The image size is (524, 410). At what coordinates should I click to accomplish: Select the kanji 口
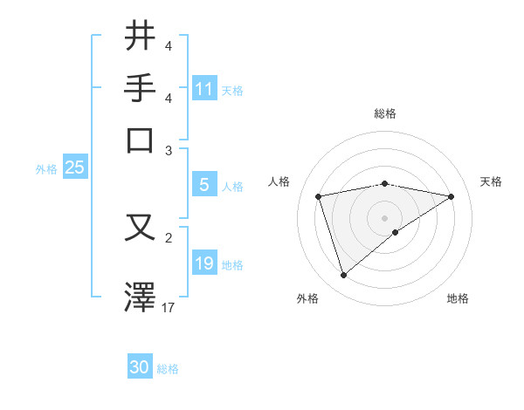(x=141, y=140)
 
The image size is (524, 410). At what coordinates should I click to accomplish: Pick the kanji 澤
(x=141, y=297)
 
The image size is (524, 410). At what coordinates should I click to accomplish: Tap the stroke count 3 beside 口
(x=168, y=150)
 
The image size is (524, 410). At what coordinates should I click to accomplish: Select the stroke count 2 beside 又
(x=168, y=236)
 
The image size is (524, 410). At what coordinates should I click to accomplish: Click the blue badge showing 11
(x=204, y=89)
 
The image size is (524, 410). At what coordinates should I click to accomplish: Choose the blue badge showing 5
(x=204, y=185)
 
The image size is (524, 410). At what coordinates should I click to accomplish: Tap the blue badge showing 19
(x=204, y=263)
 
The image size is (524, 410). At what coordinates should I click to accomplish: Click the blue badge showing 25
(x=74, y=168)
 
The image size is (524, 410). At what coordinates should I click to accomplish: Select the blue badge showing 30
(x=140, y=368)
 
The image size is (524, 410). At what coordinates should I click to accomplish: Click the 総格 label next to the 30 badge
(x=168, y=369)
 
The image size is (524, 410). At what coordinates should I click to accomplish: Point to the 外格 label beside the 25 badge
(x=45, y=169)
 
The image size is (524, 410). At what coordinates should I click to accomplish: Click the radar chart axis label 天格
(x=491, y=181)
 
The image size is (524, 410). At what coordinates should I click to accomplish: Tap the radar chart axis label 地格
(x=458, y=298)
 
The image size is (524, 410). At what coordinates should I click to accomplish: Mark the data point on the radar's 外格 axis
(x=343, y=276)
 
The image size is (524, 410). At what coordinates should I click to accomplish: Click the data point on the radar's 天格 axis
(x=452, y=196)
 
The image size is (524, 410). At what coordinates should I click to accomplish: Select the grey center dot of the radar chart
(x=384, y=217)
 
